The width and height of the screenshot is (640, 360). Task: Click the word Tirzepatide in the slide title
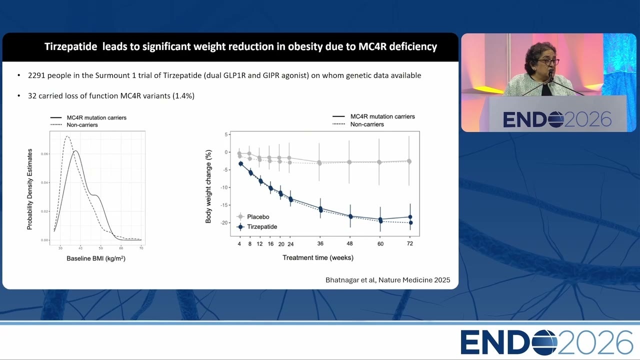(71, 46)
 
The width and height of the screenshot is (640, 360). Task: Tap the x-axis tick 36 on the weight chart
(320, 243)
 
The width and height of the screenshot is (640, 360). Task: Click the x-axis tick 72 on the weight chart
(409, 243)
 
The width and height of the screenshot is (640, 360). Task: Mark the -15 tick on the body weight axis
(224, 205)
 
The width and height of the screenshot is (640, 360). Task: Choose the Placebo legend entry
(253, 217)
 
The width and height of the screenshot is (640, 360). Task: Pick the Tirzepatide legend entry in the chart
(257, 227)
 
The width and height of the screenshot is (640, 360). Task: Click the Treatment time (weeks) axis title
(318, 257)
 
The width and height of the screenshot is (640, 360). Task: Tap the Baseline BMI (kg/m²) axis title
(96, 258)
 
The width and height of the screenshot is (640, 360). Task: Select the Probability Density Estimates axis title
(29, 189)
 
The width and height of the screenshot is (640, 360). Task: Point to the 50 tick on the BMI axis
(101, 248)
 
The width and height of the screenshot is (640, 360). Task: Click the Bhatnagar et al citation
(387, 280)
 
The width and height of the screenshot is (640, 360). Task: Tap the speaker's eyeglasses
(548, 61)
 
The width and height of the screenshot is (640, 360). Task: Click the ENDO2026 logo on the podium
(557, 119)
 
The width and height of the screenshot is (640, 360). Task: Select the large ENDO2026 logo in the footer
(547, 342)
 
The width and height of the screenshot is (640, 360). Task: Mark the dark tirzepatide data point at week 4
(241, 163)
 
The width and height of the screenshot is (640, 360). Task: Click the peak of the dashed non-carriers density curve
(67, 136)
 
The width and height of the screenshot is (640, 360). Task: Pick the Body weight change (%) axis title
(208, 186)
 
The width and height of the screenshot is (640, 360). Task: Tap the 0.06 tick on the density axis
(44, 154)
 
